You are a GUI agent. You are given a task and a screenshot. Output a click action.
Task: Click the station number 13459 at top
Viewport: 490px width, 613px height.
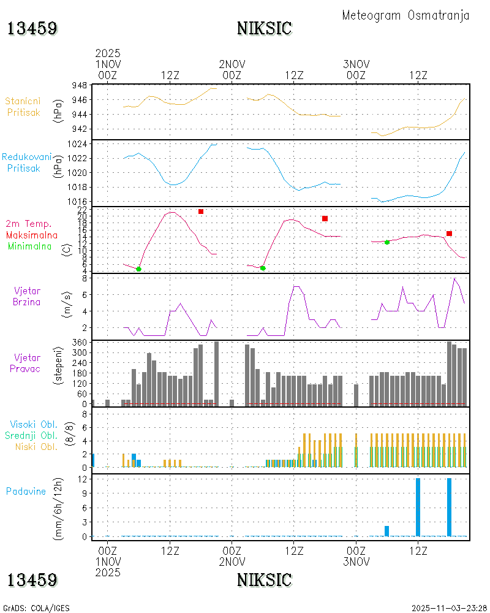pyautogui.click(x=32, y=28)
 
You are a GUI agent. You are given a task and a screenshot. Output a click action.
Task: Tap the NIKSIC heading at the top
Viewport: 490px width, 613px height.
pyautogui.click(x=264, y=28)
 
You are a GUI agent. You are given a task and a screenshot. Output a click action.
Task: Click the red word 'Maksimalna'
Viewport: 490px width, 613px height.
pyautogui.click(x=32, y=235)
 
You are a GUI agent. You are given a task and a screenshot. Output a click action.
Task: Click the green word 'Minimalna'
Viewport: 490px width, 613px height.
pyautogui.click(x=32, y=246)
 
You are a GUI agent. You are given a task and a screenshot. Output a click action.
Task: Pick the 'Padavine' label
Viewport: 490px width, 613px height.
pyautogui.click(x=26, y=491)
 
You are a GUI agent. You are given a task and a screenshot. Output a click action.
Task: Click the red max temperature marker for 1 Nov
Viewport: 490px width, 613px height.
pyautogui.click(x=200, y=211)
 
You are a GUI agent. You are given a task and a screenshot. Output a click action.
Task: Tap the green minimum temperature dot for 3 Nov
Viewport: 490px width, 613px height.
pyautogui.click(x=387, y=242)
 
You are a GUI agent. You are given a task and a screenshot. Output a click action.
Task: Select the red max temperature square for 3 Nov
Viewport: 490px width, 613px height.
pyautogui.click(x=449, y=234)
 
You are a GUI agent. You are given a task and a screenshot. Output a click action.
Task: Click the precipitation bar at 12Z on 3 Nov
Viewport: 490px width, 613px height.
pyautogui.click(x=418, y=507)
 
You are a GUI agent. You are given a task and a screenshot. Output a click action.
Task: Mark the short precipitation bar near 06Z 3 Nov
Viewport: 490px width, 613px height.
pyautogui.click(x=386, y=531)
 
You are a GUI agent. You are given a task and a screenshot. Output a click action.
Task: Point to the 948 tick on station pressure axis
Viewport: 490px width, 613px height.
pyautogui.click(x=79, y=85)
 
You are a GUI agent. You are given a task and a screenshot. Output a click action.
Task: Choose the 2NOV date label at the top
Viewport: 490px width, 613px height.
pyautogui.click(x=232, y=64)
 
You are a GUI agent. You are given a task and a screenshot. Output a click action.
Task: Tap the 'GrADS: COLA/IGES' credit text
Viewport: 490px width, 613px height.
pyautogui.click(x=36, y=608)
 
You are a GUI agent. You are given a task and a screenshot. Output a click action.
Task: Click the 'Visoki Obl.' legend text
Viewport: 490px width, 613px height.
pyautogui.click(x=33, y=424)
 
